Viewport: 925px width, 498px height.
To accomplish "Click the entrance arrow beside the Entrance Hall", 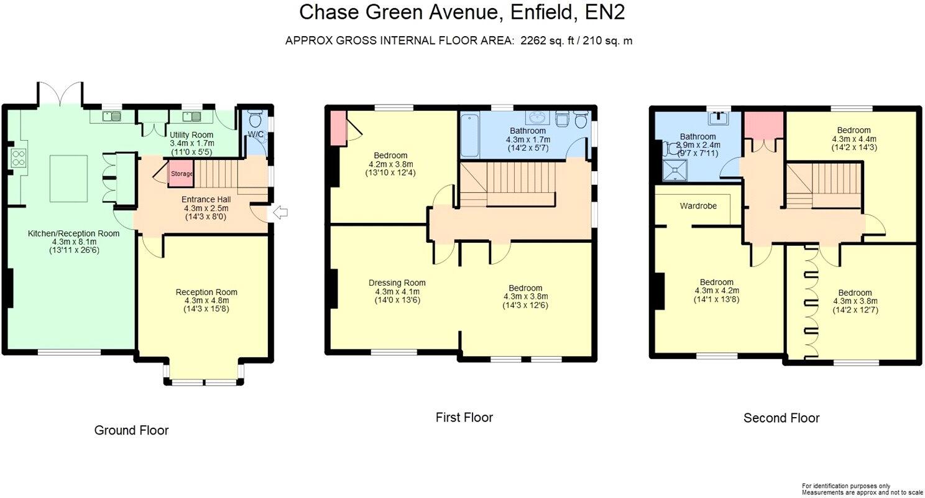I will (280, 214).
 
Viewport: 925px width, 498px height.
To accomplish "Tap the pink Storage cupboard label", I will (182, 174).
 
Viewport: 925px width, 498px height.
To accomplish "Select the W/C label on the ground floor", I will (255, 134).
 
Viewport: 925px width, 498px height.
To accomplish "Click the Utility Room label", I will (191, 134).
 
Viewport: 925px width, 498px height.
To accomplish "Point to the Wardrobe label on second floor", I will (699, 205).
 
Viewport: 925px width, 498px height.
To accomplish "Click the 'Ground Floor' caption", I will (131, 430).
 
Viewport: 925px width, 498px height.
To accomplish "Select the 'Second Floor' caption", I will (781, 418).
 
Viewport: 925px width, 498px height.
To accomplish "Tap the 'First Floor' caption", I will (464, 417).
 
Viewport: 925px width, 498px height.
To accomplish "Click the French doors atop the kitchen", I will (60, 94).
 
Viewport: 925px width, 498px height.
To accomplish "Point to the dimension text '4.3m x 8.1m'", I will (73, 242).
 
